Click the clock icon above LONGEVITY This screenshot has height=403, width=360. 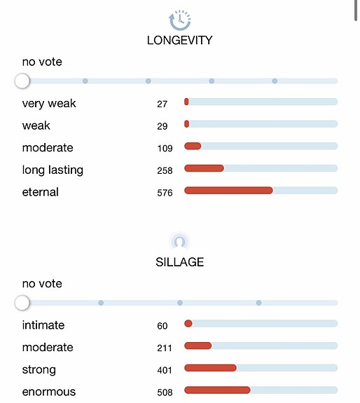point(180,20)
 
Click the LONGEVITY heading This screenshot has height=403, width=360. point(180,41)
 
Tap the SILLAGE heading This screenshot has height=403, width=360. point(180,262)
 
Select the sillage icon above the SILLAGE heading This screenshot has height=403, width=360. point(180,242)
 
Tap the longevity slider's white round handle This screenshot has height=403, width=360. point(22,81)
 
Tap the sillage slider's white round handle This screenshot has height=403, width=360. point(22,303)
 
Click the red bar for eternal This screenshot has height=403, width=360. point(228,191)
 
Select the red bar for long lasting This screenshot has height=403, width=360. point(204,168)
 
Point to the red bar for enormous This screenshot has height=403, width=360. point(217,390)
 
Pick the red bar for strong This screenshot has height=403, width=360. point(210,368)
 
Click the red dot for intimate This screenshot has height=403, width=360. point(188,324)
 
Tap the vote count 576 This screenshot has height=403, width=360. point(165,193)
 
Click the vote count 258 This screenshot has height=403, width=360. point(165,170)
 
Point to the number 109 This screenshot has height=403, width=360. point(165,149)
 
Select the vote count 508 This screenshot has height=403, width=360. point(165,392)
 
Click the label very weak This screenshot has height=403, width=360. point(49,104)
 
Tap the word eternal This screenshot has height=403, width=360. point(41,192)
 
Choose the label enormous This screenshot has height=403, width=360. point(49,392)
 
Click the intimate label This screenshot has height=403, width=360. point(43,325)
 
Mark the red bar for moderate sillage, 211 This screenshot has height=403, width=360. point(198,346)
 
